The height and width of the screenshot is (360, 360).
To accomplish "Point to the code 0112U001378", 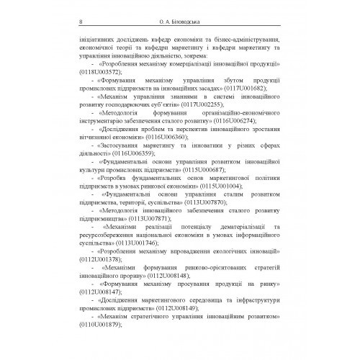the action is (87, 259).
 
